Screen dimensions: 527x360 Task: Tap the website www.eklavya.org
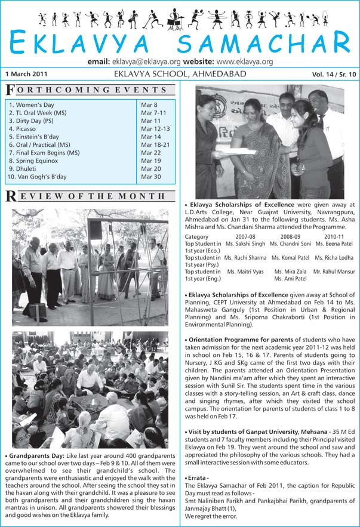pos(245,61)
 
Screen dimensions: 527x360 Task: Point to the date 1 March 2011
pos(25,75)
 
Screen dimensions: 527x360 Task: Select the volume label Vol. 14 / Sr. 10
pos(333,75)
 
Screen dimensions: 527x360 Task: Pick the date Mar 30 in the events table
pos(150,177)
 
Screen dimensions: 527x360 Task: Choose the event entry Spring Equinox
pos(33,161)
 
